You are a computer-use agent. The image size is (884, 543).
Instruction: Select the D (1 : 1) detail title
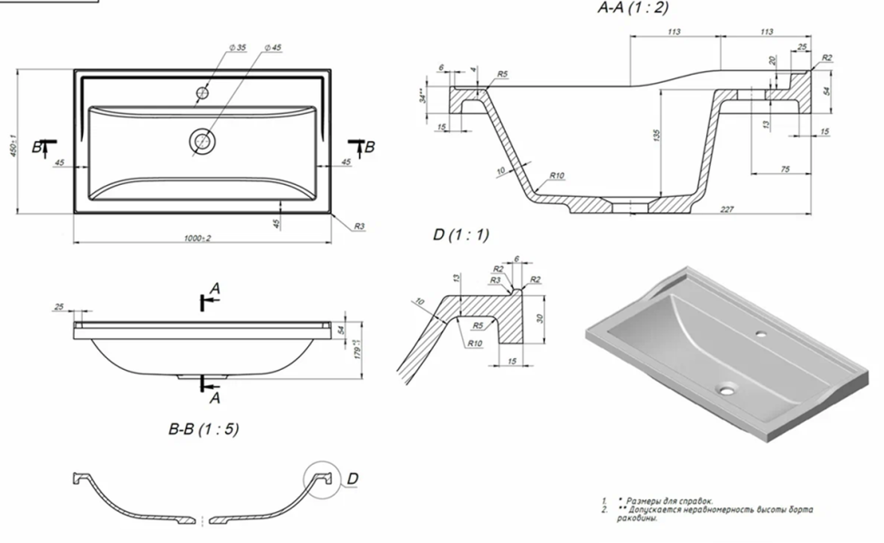[x=460, y=235]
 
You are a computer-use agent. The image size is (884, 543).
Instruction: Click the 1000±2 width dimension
[x=197, y=238]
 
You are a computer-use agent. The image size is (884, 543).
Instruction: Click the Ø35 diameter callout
[x=238, y=47]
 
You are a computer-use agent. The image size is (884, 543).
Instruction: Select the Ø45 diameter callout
[x=272, y=47]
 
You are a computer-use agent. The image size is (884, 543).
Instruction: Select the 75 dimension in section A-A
[x=785, y=169]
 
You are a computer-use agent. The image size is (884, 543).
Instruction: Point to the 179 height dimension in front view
[x=355, y=346]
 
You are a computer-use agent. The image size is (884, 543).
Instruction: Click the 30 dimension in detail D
[x=541, y=317]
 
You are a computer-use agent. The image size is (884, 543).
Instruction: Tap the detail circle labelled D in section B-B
[x=321, y=481]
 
